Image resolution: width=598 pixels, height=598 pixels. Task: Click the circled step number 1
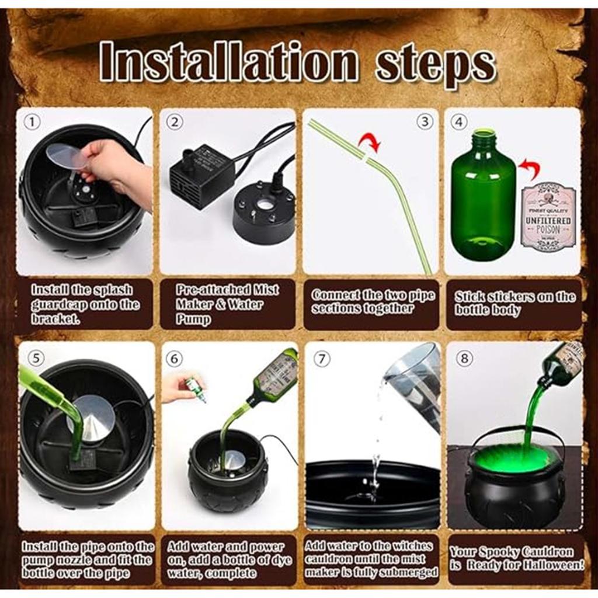32,122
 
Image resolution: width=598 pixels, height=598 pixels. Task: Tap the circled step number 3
425,121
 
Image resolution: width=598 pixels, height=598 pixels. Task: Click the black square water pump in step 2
202,175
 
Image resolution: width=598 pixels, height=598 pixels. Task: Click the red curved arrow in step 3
369,141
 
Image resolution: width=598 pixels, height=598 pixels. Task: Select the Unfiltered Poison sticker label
548,216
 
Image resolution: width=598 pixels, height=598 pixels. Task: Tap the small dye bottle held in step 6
194,388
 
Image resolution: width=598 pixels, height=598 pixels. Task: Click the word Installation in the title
228,61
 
